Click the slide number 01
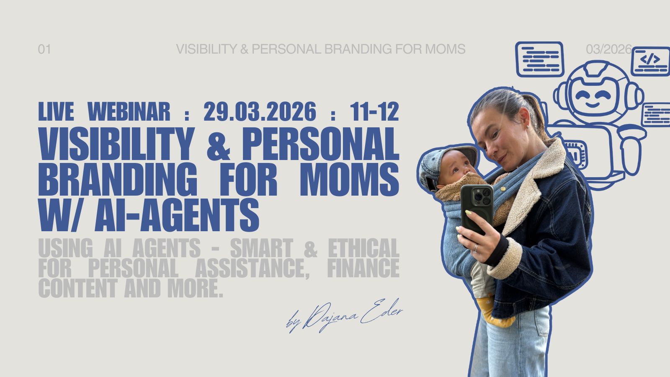[x=44, y=49]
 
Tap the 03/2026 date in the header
[x=609, y=49]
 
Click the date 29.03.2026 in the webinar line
[x=260, y=111]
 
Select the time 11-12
[x=374, y=111]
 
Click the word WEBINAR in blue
[x=129, y=111]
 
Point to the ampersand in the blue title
[x=219, y=144]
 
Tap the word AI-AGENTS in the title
[x=177, y=214]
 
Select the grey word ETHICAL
[x=364, y=248]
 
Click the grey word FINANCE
[x=363, y=268]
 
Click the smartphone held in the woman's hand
[x=477, y=209]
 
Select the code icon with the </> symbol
[x=650, y=61]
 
